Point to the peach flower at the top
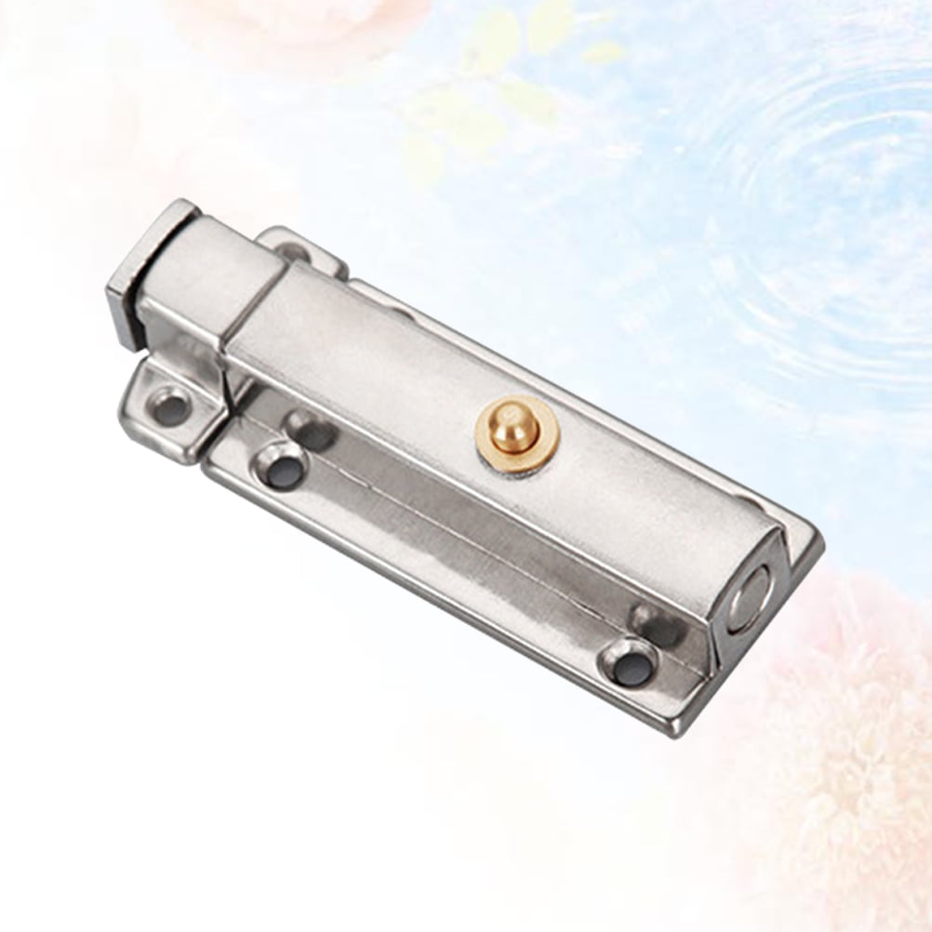(251, 23)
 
